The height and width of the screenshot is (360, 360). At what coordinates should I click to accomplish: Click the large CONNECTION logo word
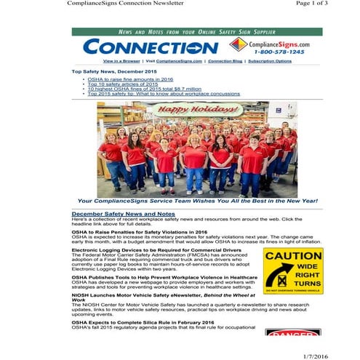[150, 47]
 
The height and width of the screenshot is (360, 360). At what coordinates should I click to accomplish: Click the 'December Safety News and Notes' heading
[123, 214]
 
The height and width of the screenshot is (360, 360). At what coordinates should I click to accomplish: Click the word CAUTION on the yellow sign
[293, 257]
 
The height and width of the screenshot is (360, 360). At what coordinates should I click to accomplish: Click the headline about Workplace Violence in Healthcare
[164, 277]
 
